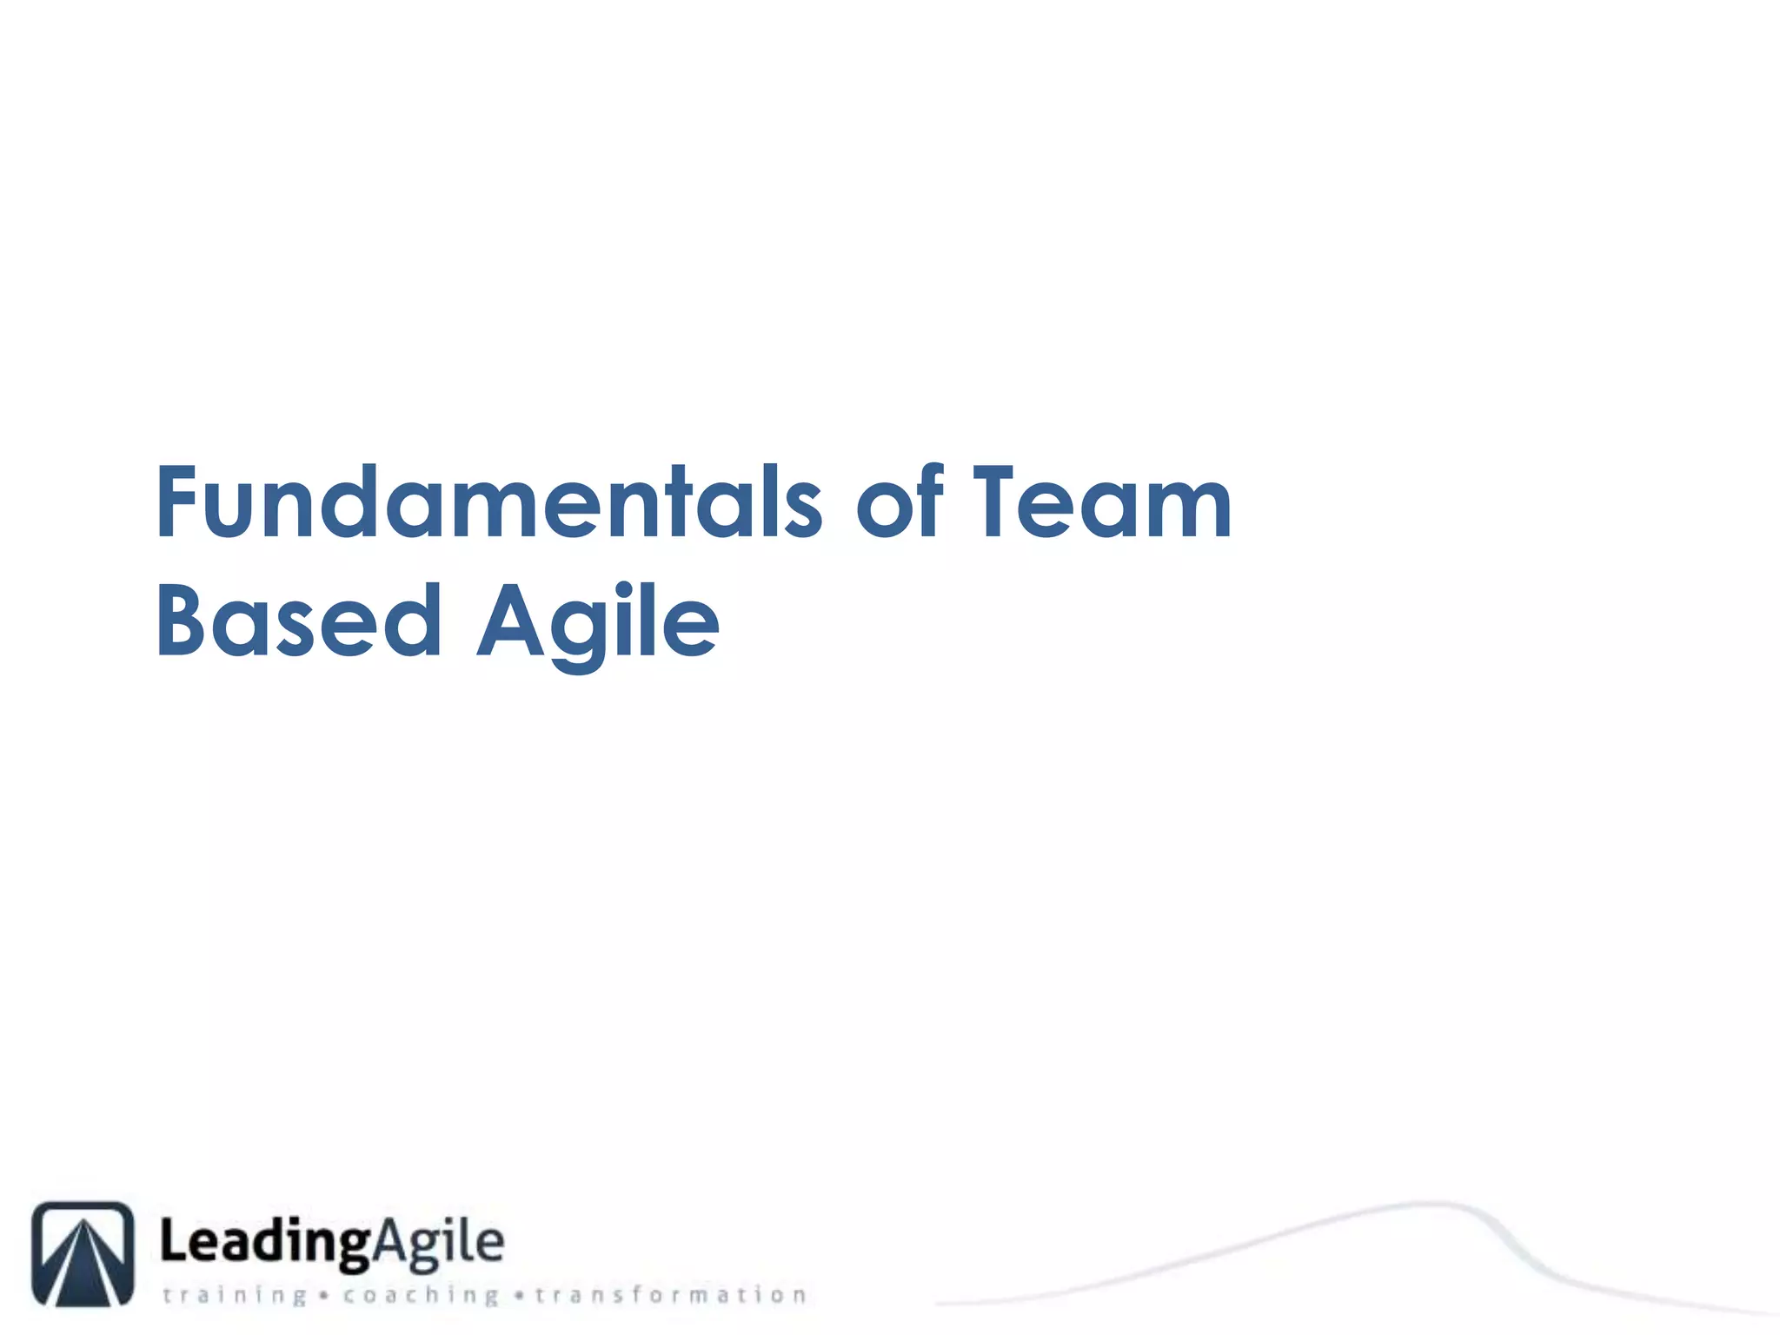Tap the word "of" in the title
pyautogui.click(x=900, y=504)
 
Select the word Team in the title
pyautogui.click(x=1101, y=504)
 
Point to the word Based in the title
pyautogui.click(x=300, y=621)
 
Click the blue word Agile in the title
pyautogui.click(x=598, y=621)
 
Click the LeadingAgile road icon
pyautogui.click(x=83, y=1253)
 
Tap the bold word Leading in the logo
pyautogui.click(x=266, y=1244)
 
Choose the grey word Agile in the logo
pyautogui.click(x=439, y=1244)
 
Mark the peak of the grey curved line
pyautogui.click(x=1434, y=1204)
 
